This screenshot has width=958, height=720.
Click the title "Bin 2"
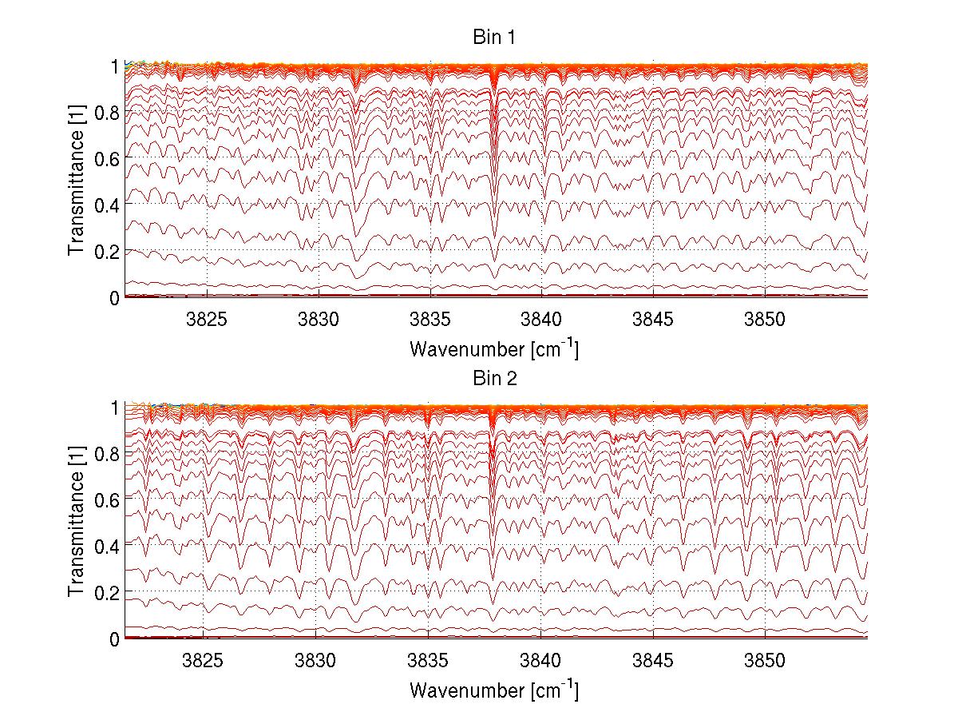[495, 379]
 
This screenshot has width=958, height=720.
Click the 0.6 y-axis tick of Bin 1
[106, 158]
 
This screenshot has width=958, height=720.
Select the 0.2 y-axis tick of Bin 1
[106, 251]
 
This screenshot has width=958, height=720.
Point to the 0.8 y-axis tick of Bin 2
[106, 453]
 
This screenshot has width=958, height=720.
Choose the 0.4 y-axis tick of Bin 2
[106, 546]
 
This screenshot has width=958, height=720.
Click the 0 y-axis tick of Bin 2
[114, 638]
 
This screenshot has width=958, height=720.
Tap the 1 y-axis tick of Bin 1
[114, 66]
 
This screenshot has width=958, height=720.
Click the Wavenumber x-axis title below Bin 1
[494, 349]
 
